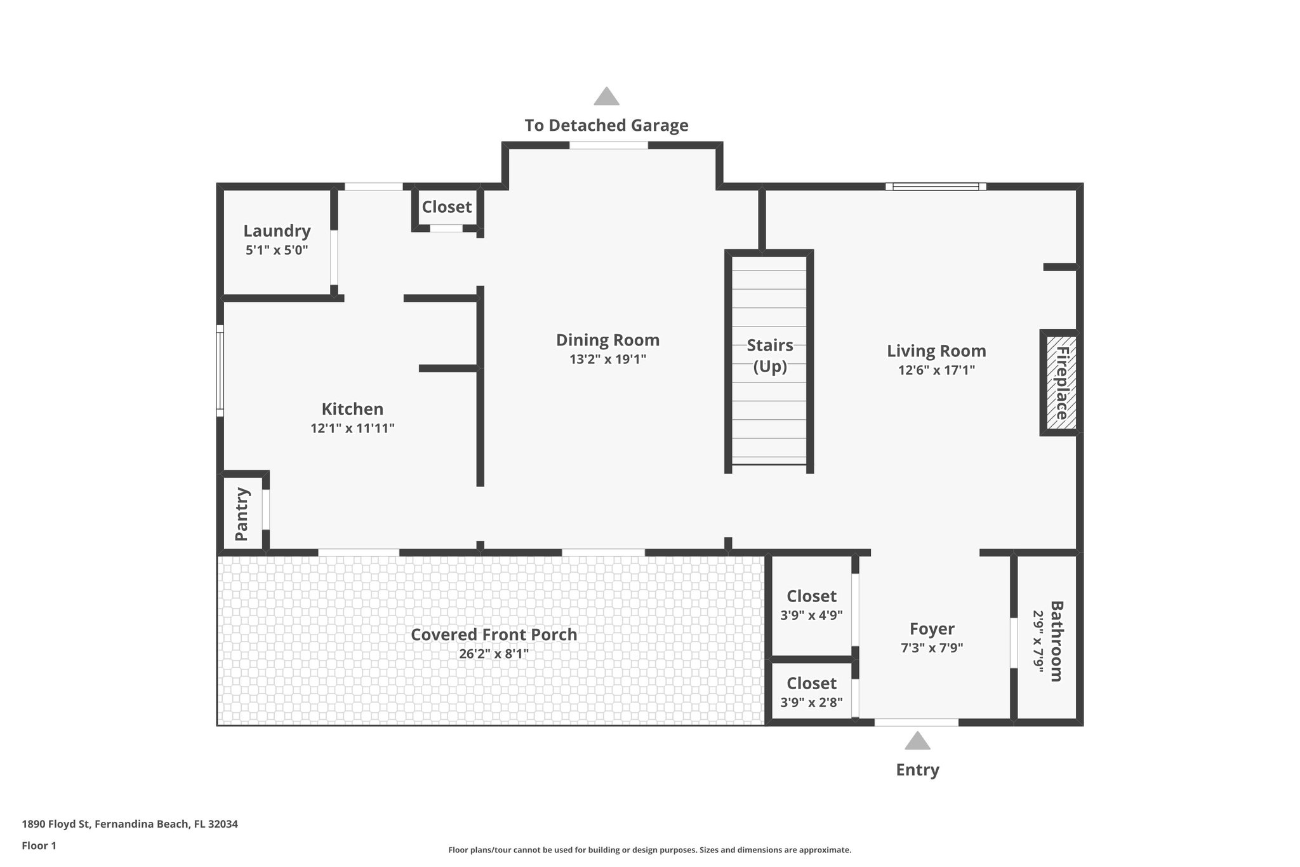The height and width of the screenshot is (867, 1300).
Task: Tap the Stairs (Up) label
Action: (x=770, y=356)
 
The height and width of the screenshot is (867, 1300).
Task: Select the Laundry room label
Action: (x=277, y=231)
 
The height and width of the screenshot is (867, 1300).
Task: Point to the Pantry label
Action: (x=241, y=513)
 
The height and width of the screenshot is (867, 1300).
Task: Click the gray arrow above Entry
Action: (x=917, y=741)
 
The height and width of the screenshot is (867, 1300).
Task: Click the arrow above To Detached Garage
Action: (x=606, y=96)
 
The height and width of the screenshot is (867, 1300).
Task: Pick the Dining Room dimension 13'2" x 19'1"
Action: (x=607, y=360)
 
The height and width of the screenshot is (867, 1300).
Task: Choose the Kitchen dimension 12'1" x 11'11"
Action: (x=352, y=429)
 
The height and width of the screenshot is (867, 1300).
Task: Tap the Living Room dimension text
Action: (x=936, y=370)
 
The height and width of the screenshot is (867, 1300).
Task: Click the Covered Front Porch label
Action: (x=494, y=635)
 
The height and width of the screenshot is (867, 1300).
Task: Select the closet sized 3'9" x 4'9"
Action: (x=811, y=605)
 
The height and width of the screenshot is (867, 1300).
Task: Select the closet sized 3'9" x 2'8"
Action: (x=811, y=692)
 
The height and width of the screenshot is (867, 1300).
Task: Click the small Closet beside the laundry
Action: (x=447, y=207)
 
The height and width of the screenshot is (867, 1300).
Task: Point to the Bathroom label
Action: (x=1056, y=641)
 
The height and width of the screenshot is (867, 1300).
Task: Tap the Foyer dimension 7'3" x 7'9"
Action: (x=932, y=649)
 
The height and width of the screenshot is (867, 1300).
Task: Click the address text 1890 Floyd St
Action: (x=129, y=824)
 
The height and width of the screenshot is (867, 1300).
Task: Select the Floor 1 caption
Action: (x=39, y=845)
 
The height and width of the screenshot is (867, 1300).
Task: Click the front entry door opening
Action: (x=916, y=722)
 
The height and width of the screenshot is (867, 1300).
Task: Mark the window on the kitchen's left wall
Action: (x=220, y=371)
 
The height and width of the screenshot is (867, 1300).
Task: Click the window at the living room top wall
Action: (x=936, y=186)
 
